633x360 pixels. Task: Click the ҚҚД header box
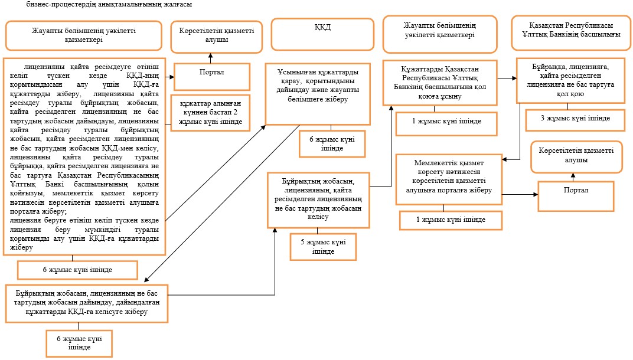click(322, 34)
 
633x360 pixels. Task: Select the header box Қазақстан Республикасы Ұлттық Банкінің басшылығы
click(571, 33)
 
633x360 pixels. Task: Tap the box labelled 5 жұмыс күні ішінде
click(323, 247)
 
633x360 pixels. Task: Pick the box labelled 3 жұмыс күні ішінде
click(575, 120)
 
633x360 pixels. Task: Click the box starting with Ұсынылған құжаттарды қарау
click(318, 94)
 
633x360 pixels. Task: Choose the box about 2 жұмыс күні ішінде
click(210, 113)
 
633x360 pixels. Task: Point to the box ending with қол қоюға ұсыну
click(440, 83)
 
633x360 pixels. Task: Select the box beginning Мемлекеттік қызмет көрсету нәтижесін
click(449, 179)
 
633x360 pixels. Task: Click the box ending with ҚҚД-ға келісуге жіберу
click(87, 303)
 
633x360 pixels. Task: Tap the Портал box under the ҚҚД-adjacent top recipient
click(212, 76)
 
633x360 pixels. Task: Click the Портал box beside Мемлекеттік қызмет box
click(576, 196)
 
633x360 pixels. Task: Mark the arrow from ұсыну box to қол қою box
click(507, 78)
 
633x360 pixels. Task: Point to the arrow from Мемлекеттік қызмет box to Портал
click(520, 195)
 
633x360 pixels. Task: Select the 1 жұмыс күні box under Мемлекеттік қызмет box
click(451, 220)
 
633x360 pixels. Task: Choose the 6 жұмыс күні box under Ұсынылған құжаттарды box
click(332, 143)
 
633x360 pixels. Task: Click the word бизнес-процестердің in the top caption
click(56, 5)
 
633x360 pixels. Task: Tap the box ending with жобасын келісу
click(318, 200)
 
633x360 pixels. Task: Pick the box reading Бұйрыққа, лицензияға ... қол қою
click(570, 80)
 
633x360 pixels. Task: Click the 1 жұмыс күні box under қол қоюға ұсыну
click(446, 123)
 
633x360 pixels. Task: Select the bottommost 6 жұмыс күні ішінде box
click(79, 343)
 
